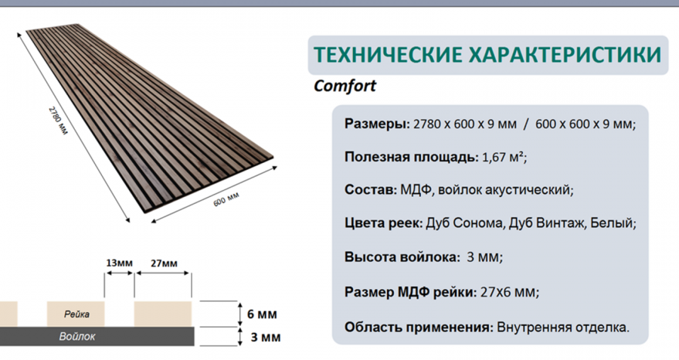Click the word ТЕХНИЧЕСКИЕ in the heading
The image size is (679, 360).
click(388, 55)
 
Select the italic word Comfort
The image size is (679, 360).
click(345, 86)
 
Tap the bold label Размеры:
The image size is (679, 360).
click(377, 125)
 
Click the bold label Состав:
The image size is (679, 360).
click(370, 189)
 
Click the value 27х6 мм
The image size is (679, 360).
click(508, 292)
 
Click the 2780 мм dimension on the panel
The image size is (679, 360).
click(57, 120)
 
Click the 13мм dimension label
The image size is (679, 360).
click(119, 263)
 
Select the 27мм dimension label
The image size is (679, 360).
click(164, 263)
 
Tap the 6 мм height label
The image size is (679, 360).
click(262, 314)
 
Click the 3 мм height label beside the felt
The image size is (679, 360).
click(266, 337)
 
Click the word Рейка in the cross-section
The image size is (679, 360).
click(76, 314)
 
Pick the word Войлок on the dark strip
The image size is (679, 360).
click(77, 337)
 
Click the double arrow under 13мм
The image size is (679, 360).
click(119, 273)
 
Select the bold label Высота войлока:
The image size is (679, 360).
click(402, 257)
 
